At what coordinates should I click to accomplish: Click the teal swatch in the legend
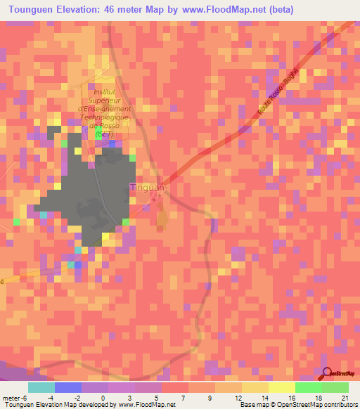pos(41,387)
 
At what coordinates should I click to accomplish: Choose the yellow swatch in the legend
pos(281,387)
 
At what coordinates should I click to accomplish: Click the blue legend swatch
pos(67,387)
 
